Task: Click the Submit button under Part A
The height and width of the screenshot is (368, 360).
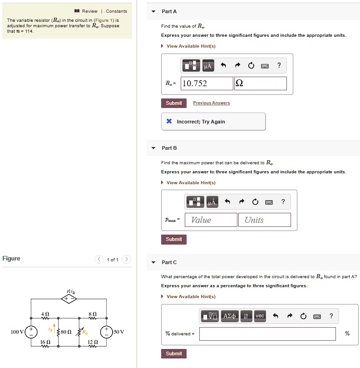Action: (x=173, y=103)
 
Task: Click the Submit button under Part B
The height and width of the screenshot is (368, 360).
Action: (x=173, y=239)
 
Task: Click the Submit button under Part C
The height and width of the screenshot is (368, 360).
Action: (x=173, y=353)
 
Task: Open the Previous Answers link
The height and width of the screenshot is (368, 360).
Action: (x=211, y=103)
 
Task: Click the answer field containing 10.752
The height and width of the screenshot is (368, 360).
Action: (x=207, y=83)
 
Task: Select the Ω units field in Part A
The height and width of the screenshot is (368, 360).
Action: (x=260, y=83)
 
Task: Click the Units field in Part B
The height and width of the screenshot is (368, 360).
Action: (x=264, y=220)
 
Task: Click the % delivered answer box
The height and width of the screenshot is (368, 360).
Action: (x=267, y=334)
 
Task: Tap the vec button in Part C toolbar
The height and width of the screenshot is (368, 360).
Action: (x=260, y=316)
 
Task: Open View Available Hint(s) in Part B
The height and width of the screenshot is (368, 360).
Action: (x=191, y=182)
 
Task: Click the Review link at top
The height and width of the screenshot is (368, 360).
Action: (x=89, y=11)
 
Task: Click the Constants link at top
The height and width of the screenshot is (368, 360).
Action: (x=116, y=11)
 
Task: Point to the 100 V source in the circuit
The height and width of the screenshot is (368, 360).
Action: (x=31, y=332)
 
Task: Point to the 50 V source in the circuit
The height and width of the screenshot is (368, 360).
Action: (x=107, y=332)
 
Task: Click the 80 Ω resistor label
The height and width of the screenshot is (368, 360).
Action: (x=66, y=332)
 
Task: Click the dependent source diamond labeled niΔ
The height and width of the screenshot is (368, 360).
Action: (x=69, y=299)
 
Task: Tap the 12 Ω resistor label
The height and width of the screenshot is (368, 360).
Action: (x=93, y=342)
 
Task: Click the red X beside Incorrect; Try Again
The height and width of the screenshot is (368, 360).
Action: (x=169, y=122)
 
